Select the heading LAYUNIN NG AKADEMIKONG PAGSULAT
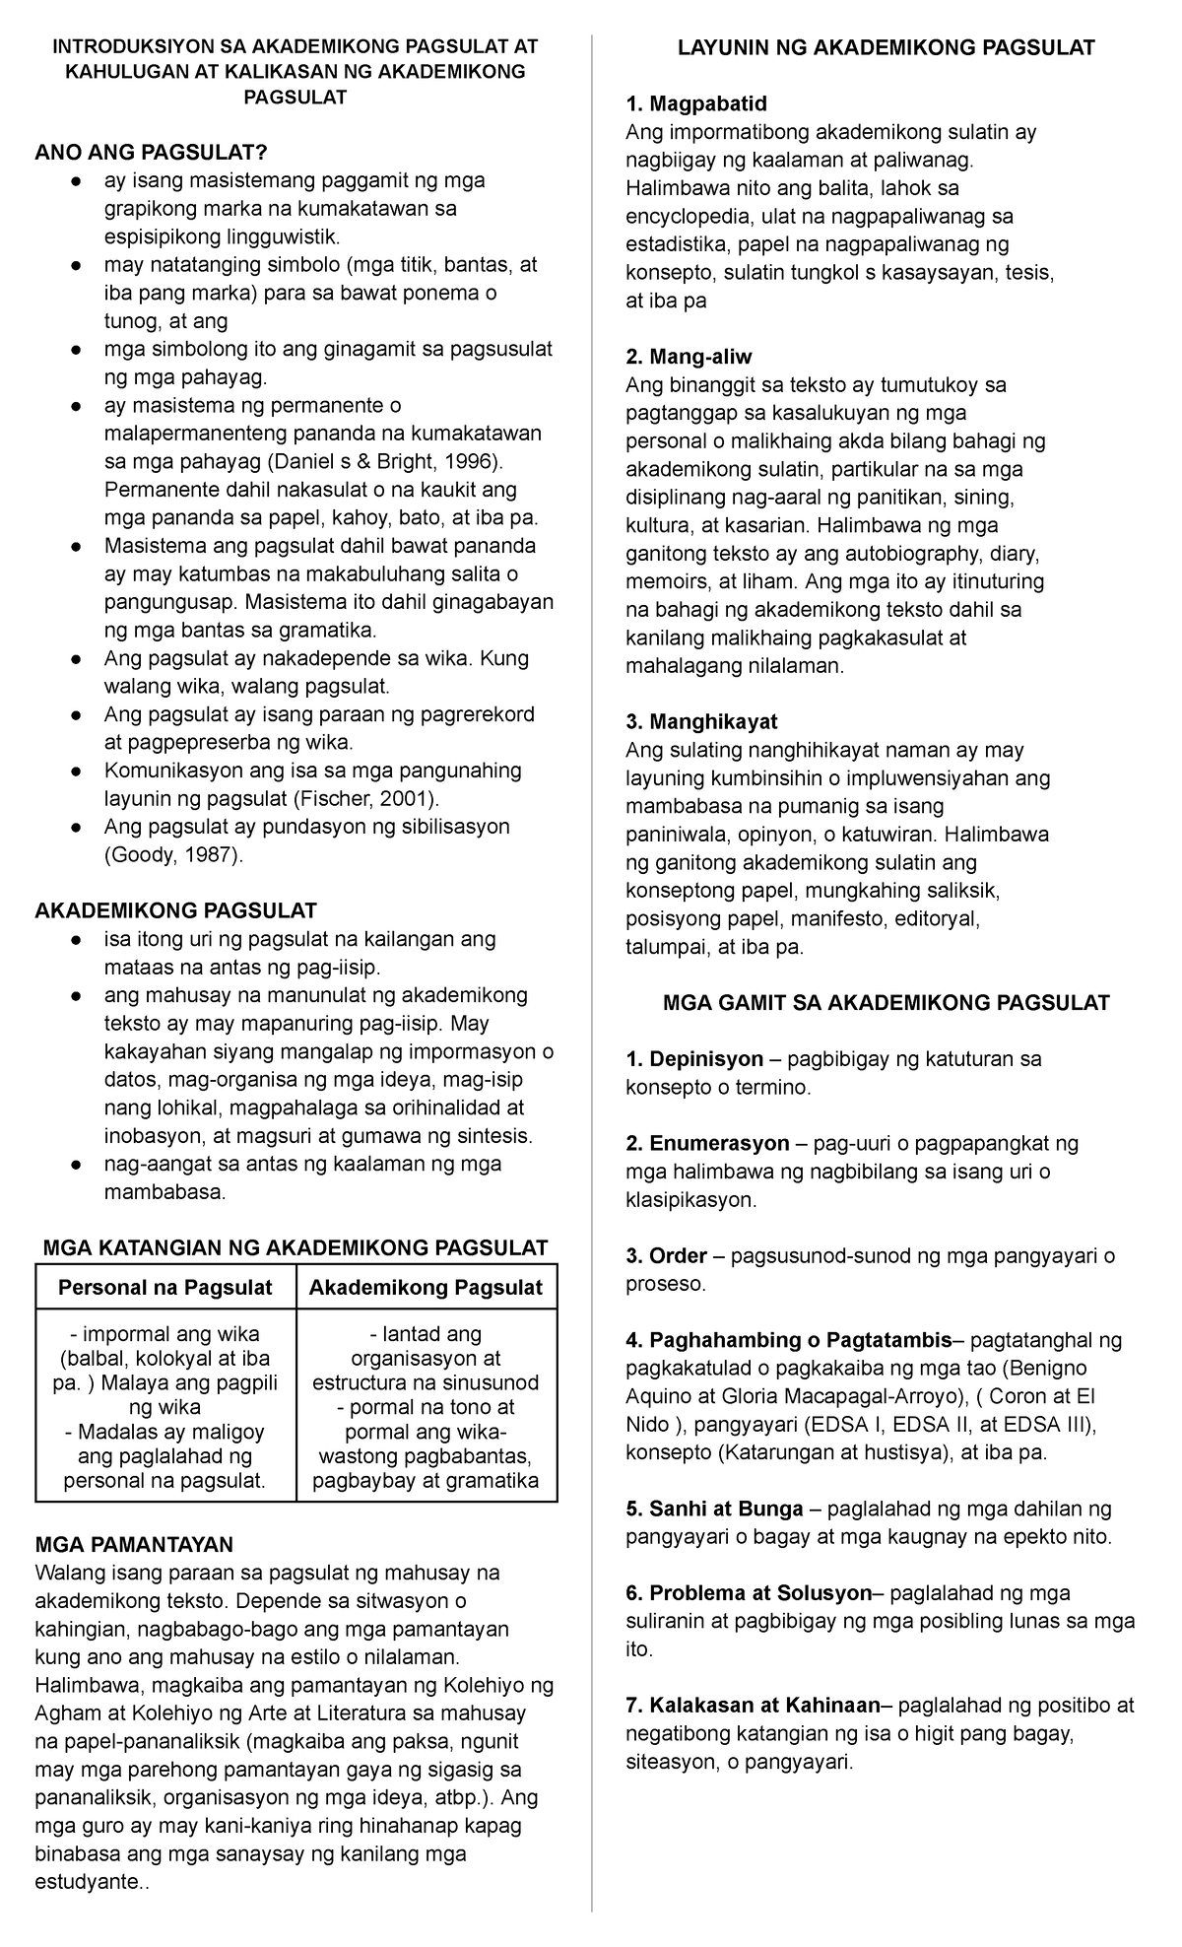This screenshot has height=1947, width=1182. point(886,47)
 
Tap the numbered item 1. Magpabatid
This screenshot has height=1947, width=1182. point(696,103)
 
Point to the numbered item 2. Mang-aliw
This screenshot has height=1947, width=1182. point(689,357)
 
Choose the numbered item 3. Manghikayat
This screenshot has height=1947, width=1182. point(701,722)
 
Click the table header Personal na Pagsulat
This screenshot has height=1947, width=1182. point(165,1287)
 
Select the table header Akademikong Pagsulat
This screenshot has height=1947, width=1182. point(426,1287)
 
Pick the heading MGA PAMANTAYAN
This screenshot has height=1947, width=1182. point(134,1544)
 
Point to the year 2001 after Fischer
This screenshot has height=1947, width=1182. point(407,798)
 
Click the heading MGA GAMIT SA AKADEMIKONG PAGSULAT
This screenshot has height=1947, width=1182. point(886,1003)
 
